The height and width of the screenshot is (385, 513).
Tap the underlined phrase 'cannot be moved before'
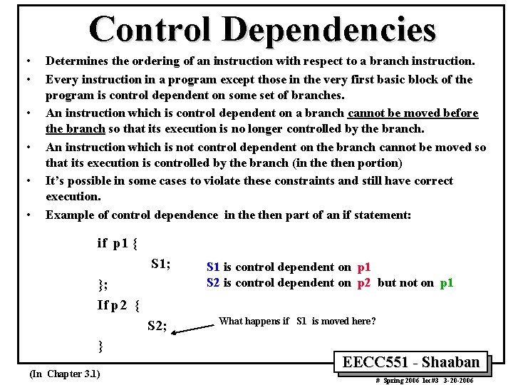(413, 113)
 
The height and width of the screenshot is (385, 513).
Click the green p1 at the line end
(447, 283)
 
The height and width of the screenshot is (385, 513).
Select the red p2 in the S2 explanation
(363, 283)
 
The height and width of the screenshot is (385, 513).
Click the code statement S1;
(160, 265)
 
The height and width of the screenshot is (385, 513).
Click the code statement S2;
(157, 327)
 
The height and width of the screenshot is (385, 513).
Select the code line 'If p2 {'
(118, 305)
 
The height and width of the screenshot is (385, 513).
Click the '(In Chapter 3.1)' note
(65, 374)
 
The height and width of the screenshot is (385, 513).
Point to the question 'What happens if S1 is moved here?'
(297, 322)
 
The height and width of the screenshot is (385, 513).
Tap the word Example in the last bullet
(68, 215)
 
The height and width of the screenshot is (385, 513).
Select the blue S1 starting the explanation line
(213, 267)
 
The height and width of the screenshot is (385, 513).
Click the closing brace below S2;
(100, 347)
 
